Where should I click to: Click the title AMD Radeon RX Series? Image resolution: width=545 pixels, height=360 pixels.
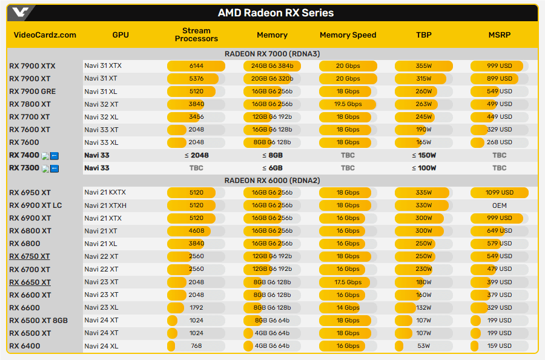(x=276, y=13)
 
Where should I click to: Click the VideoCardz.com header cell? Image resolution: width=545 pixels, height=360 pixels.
(x=45, y=35)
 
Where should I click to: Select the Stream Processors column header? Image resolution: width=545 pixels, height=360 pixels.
(x=196, y=35)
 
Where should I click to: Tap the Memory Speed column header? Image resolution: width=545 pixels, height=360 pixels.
(x=348, y=35)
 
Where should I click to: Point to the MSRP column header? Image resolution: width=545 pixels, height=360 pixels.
(x=499, y=35)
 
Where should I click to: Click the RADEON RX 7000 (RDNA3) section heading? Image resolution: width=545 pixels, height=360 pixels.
(x=272, y=53)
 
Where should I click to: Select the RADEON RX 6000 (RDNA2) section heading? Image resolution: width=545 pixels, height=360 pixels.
(x=272, y=181)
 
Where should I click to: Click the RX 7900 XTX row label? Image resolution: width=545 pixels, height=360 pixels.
(x=32, y=66)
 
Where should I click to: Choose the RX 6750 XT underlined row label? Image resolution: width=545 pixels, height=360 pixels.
(x=30, y=256)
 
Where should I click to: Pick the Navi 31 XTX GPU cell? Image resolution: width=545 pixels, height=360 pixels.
(x=103, y=66)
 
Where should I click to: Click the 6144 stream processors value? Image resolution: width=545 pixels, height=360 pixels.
(x=196, y=66)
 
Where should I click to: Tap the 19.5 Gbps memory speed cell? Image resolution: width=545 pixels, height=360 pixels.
(x=348, y=104)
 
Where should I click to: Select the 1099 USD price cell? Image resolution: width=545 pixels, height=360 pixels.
(x=499, y=193)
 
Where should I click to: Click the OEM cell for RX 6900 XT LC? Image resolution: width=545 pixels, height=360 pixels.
(x=499, y=205)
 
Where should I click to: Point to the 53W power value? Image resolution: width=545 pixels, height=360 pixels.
(x=423, y=346)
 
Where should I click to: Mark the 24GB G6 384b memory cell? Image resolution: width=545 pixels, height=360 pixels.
(x=272, y=66)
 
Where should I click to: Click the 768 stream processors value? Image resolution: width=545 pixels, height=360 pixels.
(x=196, y=346)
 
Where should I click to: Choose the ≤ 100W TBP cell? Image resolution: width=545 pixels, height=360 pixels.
(x=423, y=168)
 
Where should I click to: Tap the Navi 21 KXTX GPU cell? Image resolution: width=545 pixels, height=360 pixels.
(x=105, y=193)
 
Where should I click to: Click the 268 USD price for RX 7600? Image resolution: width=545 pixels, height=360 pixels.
(x=499, y=142)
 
